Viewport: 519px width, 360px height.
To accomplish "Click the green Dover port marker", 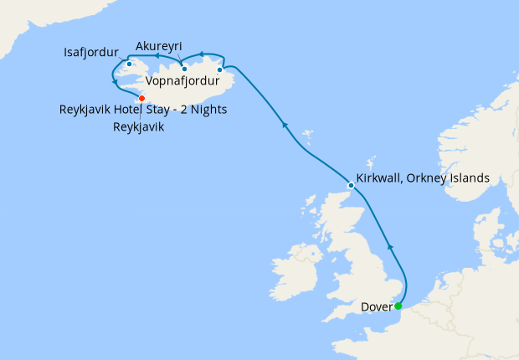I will (398, 306).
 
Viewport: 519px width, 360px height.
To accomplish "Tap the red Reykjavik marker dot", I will (141, 98).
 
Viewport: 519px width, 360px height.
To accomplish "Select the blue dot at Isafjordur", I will (129, 64).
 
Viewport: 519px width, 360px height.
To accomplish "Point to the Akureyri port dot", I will (184, 69).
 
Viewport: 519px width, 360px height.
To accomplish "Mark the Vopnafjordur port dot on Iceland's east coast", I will (219, 69).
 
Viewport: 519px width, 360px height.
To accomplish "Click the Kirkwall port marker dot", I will (350, 184).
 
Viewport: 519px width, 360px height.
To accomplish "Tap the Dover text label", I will (376, 306).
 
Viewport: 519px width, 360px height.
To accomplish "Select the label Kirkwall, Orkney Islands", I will (423, 178).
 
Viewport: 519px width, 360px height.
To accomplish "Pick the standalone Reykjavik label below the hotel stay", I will (138, 127).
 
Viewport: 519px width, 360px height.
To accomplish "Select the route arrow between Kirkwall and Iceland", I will (285, 125).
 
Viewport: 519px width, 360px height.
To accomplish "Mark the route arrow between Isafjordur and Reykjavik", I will (114, 82).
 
